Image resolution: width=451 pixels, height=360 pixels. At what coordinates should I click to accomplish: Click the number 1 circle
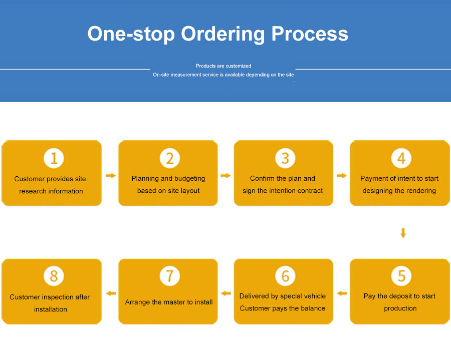click(54, 158)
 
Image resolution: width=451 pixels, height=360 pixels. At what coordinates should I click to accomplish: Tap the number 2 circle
click(169, 158)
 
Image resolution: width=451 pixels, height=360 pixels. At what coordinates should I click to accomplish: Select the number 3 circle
click(285, 158)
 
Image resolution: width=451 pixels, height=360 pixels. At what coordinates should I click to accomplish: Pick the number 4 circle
click(401, 158)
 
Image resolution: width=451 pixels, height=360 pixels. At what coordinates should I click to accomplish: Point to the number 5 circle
click(401, 276)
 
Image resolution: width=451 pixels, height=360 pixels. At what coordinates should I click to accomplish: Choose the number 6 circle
click(285, 276)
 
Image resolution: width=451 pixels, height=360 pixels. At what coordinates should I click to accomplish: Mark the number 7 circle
click(169, 276)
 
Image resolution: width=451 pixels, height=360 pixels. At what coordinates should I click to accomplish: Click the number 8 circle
click(54, 276)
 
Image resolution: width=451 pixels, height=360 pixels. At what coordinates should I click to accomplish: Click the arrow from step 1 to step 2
click(111, 176)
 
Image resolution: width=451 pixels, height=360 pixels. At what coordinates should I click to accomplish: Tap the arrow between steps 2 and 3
click(225, 176)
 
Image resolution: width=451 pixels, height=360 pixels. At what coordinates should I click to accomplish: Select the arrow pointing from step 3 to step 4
click(342, 176)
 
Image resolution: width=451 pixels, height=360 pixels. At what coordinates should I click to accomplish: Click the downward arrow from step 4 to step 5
click(403, 233)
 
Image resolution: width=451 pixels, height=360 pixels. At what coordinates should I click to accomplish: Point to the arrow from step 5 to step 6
click(342, 293)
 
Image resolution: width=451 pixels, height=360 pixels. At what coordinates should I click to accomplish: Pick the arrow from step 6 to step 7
click(226, 293)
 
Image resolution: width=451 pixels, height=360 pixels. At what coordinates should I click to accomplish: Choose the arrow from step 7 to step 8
click(111, 293)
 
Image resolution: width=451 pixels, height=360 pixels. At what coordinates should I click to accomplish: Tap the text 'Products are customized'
click(223, 66)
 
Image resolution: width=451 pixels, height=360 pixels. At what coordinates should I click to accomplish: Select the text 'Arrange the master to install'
click(169, 302)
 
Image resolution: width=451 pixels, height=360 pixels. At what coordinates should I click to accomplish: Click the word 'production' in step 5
click(400, 308)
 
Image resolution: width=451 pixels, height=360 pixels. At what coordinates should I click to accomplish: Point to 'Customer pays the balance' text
click(283, 308)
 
